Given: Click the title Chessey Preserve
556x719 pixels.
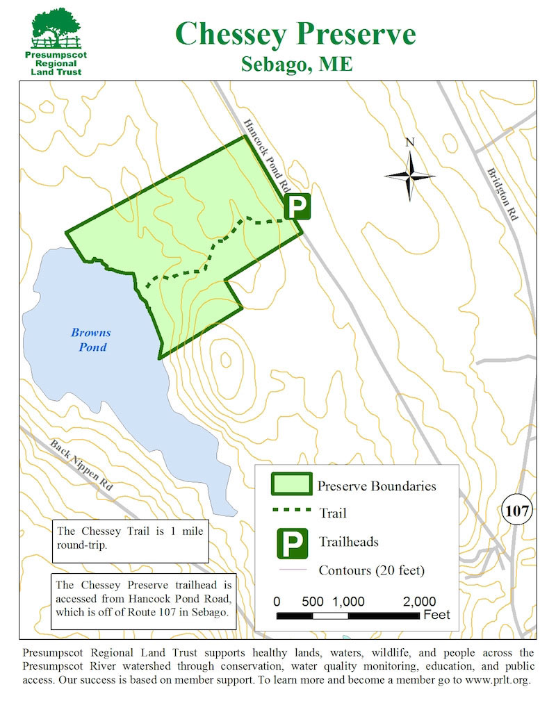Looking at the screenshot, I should [296, 33].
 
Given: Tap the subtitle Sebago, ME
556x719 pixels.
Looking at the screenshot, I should [297, 64].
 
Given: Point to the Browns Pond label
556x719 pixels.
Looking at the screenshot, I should [90, 340].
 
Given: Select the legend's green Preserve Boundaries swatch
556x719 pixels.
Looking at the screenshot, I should [291, 486].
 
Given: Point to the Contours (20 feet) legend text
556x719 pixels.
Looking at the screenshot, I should [371, 571].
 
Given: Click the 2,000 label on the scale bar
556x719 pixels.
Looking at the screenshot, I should [418, 601].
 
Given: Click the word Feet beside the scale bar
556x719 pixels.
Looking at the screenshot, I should [436, 615].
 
